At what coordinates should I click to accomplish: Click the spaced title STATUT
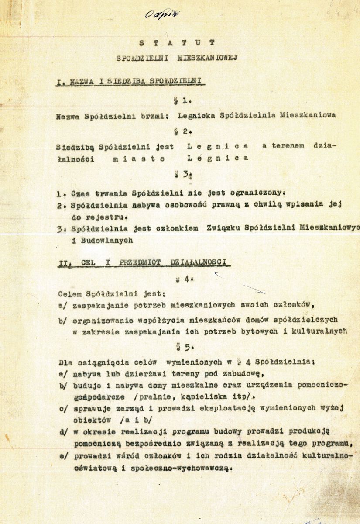tap(176, 43)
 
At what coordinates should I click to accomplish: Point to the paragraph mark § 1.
tap(180, 100)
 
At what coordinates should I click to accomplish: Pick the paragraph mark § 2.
tap(180, 131)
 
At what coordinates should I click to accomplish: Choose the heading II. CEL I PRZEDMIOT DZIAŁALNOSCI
tap(144, 262)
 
